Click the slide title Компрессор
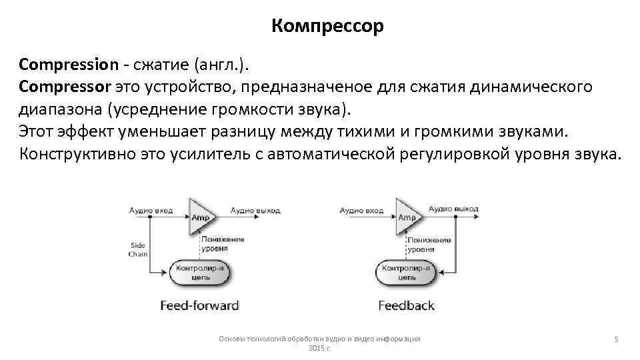(x=328, y=27)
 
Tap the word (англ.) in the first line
(x=220, y=65)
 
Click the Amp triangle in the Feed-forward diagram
(x=199, y=215)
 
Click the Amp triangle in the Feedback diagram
(x=407, y=215)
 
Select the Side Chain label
(x=137, y=249)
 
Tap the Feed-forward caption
(x=199, y=306)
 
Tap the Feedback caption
(x=406, y=306)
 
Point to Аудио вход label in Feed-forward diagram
(x=151, y=210)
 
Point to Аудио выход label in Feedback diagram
(x=453, y=209)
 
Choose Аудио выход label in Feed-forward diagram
(x=255, y=210)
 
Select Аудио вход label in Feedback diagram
(x=361, y=210)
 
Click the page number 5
(x=617, y=340)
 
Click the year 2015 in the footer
(x=317, y=348)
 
